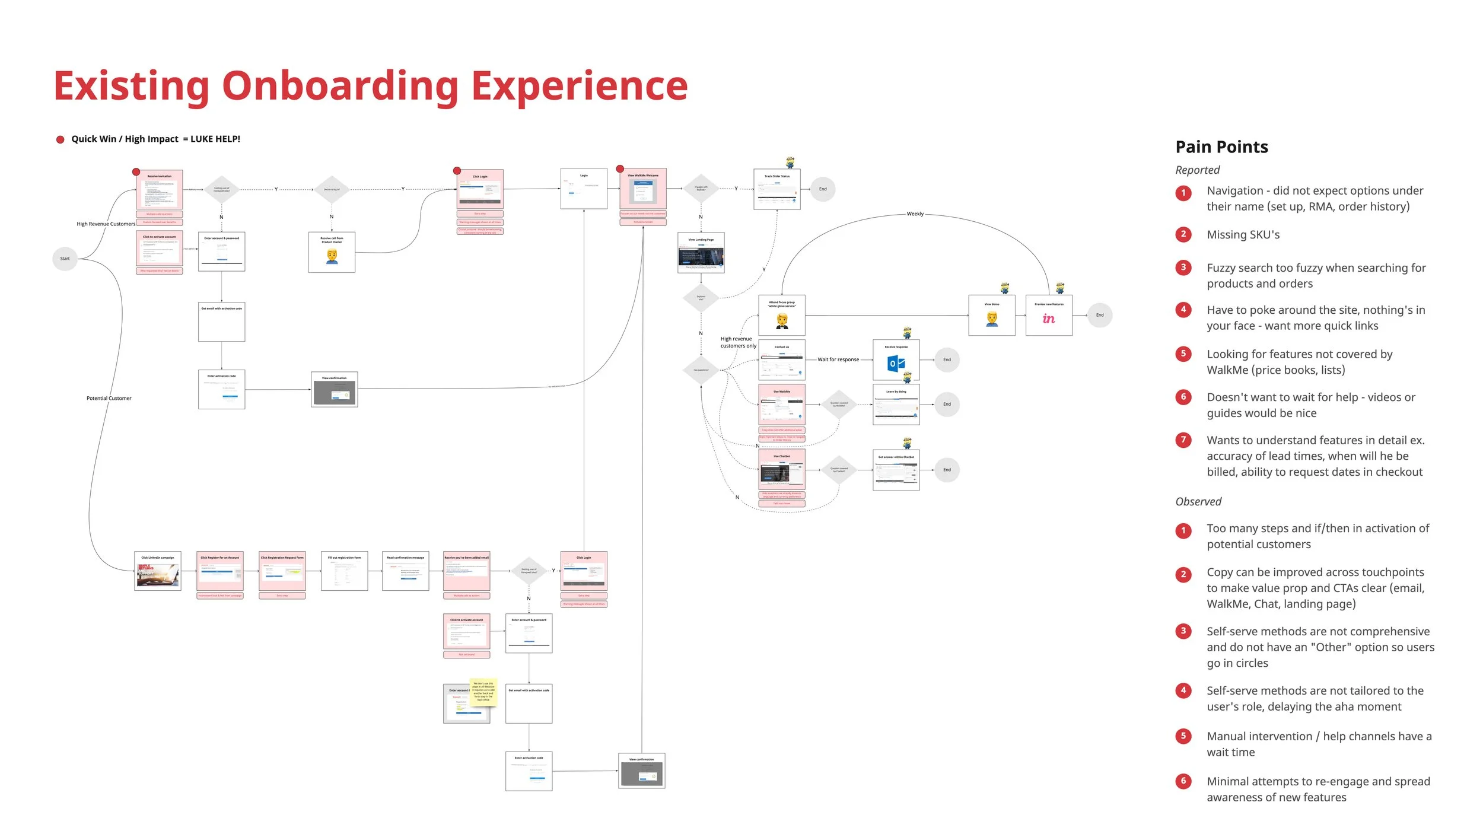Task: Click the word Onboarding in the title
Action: pyautogui.click(x=340, y=86)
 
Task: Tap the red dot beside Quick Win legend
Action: pyautogui.click(x=60, y=139)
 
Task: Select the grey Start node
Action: pyautogui.click(x=65, y=259)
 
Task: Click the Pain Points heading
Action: pyautogui.click(x=1221, y=147)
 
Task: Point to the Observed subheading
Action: pyautogui.click(x=1198, y=502)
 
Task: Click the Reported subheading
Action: pyautogui.click(x=1197, y=170)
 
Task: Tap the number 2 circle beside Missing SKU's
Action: pyautogui.click(x=1183, y=234)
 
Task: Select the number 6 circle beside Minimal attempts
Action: pyautogui.click(x=1183, y=781)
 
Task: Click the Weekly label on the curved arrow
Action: pyautogui.click(x=915, y=214)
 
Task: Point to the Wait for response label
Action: pyautogui.click(x=838, y=359)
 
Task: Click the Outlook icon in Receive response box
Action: pyautogui.click(x=895, y=363)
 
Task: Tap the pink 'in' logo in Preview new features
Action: pyautogui.click(x=1048, y=319)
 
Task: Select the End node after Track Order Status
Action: pyautogui.click(x=822, y=189)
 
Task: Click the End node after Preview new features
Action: pyautogui.click(x=1099, y=315)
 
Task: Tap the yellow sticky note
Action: pyautogui.click(x=483, y=692)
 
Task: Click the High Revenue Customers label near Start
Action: pyautogui.click(x=106, y=224)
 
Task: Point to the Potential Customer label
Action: pyautogui.click(x=109, y=399)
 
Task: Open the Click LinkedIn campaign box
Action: pyautogui.click(x=158, y=571)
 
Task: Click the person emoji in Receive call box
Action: pyautogui.click(x=332, y=256)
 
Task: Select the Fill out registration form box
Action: pyautogui.click(x=344, y=571)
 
